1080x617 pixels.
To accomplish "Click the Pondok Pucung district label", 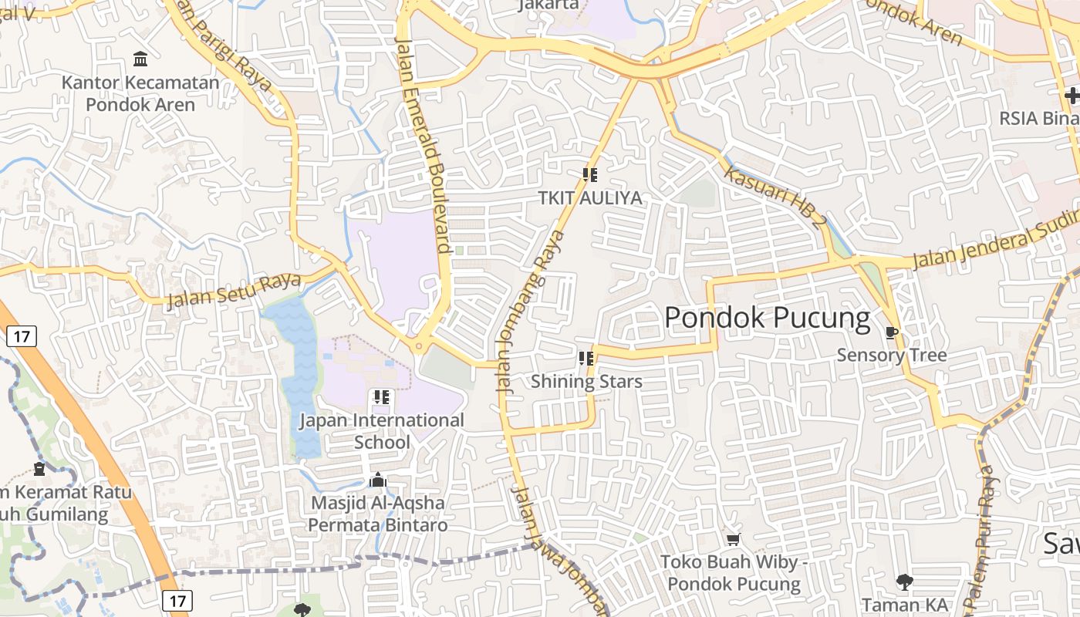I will tap(767, 318).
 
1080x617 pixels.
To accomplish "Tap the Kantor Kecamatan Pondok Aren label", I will tap(140, 93).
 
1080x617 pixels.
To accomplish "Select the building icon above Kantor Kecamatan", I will tap(140, 59).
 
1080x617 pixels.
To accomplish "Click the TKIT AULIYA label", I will tap(590, 198).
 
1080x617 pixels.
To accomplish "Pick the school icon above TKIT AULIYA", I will tap(590, 175).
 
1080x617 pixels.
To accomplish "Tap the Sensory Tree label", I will tap(891, 356).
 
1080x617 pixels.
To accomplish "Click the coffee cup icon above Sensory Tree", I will tap(892, 332).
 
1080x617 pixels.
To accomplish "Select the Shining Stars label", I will tap(586, 381).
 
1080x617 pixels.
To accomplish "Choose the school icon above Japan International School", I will tap(381, 397).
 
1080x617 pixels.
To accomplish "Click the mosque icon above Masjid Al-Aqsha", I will tap(377, 480).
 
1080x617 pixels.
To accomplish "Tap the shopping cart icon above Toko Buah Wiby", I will tap(733, 539).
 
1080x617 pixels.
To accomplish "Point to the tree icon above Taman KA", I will tap(904, 582).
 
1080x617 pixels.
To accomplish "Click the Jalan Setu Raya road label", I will tap(234, 289).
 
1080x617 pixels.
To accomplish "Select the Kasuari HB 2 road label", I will tap(775, 197).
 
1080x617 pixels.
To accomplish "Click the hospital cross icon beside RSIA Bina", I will tap(1072, 96).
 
